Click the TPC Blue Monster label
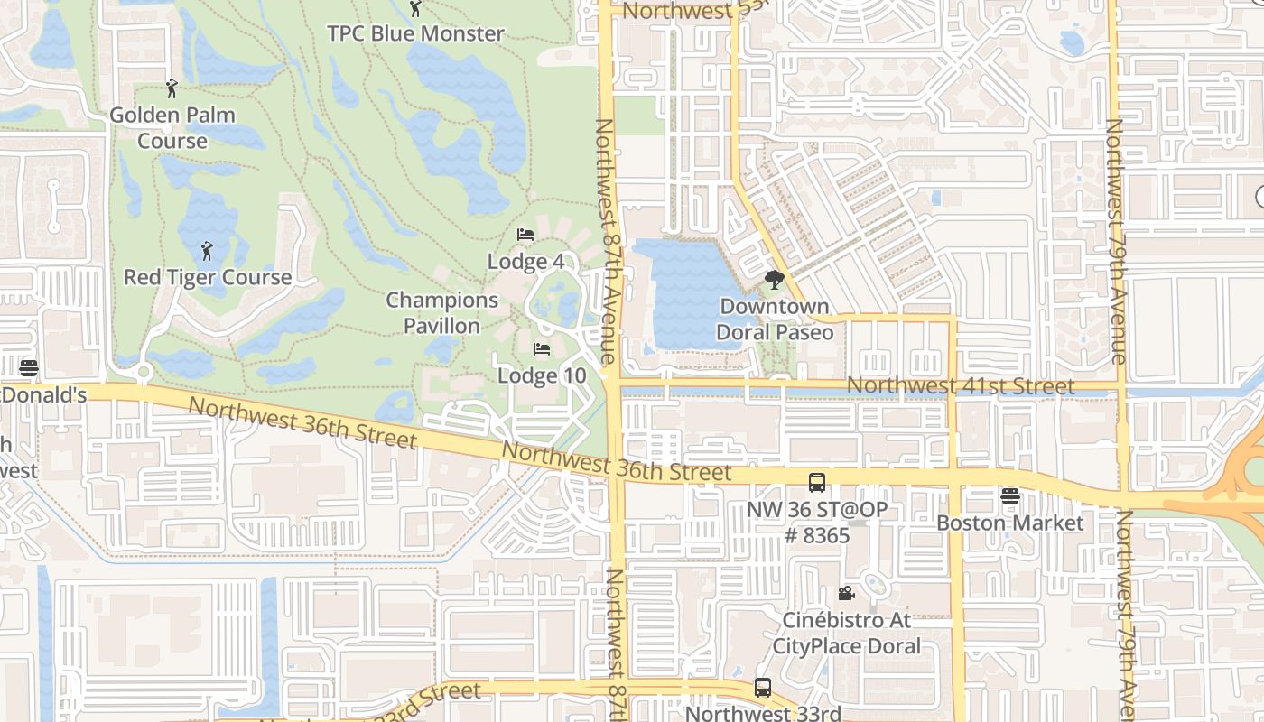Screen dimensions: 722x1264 tap(415, 33)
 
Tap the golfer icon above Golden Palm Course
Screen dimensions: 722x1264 tap(172, 88)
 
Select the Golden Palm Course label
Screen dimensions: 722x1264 tap(172, 128)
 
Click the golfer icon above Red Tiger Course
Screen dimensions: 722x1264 tap(207, 250)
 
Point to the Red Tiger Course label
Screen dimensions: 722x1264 tap(208, 277)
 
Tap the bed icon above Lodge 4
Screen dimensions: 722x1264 tap(525, 235)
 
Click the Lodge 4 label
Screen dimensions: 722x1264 tap(525, 262)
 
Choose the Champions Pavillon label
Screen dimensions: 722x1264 tap(441, 312)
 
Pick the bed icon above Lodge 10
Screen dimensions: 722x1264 tap(542, 348)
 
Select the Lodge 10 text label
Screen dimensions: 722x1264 tap(542, 375)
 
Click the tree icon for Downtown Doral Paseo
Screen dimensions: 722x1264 tap(774, 280)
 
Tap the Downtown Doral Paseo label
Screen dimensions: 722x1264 tap(774, 319)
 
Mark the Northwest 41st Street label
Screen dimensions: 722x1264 tap(960, 386)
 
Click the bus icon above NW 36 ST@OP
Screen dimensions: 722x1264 tap(817, 483)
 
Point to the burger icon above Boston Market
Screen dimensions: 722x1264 tap(1009, 495)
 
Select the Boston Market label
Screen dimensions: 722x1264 tap(1009, 523)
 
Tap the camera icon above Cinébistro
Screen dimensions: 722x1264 tap(846, 593)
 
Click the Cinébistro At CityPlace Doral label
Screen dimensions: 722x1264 tap(846, 634)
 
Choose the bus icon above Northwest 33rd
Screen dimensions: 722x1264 tap(763, 688)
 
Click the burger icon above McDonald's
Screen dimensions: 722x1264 tap(29, 368)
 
